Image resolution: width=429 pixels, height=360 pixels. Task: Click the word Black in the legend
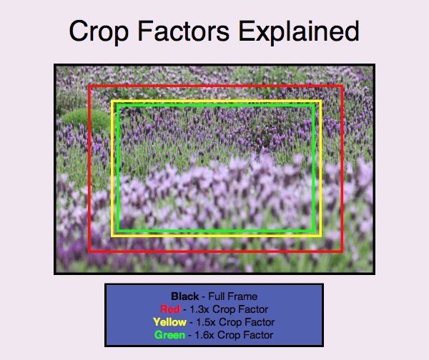184,296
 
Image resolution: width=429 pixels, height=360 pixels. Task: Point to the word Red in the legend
170,309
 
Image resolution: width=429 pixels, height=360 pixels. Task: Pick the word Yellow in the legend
169,322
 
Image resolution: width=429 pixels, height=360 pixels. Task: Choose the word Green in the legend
170,335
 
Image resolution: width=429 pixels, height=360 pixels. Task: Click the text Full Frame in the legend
233,296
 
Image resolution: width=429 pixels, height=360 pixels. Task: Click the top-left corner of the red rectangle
89,87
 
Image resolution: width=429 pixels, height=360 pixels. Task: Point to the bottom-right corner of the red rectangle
342,251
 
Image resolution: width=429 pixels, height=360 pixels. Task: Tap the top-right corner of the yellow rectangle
320,101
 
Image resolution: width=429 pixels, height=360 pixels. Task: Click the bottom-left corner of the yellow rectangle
112,235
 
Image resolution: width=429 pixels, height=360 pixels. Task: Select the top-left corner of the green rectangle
117,104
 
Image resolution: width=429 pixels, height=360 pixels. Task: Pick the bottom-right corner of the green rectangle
314,231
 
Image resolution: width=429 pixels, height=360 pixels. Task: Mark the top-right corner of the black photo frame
373,66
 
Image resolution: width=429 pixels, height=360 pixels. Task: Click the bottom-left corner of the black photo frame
56,273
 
